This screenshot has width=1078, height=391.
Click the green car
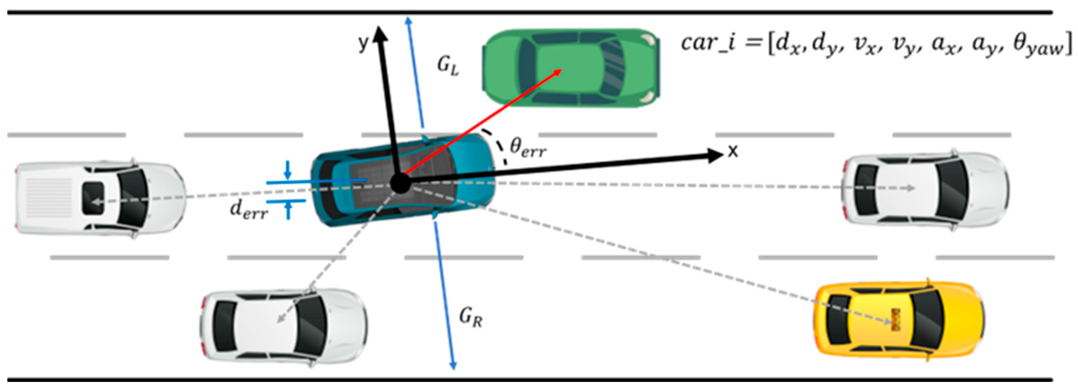[571, 68]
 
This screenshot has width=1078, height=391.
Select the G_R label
[471, 317]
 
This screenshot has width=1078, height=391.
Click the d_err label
[249, 210]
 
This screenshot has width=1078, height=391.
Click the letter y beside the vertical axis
[364, 42]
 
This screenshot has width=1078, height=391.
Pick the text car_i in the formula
[707, 43]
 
